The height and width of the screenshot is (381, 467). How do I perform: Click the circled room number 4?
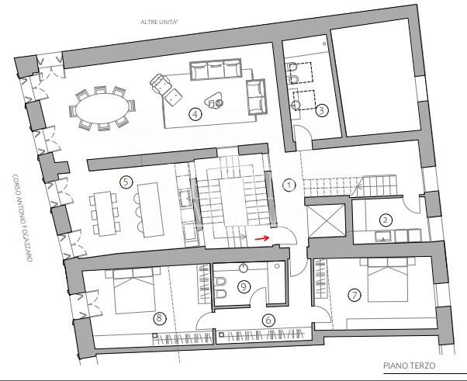point(195,114)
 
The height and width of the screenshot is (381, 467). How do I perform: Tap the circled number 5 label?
point(126,182)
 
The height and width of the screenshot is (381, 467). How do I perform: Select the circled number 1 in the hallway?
point(289,185)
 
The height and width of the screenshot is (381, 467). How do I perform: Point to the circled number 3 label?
point(322,110)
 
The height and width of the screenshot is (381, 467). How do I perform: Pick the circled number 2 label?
point(386,220)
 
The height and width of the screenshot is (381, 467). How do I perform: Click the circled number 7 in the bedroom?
point(355,295)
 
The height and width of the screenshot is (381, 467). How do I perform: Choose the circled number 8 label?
point(159,318)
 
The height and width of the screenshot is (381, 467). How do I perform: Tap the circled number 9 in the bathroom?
point(244,286)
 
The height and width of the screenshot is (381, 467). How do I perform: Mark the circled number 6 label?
point(268,320)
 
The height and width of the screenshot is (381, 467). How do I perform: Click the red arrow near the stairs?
point(261,238)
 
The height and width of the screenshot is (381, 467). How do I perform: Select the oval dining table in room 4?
point(102,108)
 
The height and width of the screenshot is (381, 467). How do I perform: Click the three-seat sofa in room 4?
point(216,69)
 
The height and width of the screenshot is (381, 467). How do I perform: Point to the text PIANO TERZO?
point(409,365)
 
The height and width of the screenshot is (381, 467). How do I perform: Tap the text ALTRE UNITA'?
point(159,22)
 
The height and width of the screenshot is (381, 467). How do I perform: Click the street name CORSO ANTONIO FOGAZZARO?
point(22,218)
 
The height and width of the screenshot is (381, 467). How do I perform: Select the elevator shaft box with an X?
point(327,220)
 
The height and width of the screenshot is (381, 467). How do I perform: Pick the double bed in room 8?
point(134,291)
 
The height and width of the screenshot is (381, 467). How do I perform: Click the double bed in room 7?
point(388,280)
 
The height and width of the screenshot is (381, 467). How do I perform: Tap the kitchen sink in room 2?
point(384,236)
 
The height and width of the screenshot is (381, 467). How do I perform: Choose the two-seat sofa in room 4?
point(256,97)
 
